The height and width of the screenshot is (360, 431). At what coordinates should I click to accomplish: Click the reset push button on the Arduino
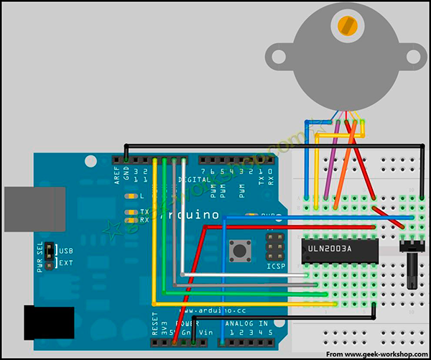[x=238, y=251]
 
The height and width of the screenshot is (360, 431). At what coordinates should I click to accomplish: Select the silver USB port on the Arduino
[x=34, y=209]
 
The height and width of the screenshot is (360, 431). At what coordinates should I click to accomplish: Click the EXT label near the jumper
[x=65, y=264]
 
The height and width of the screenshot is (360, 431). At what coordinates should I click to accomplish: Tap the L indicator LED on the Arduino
[x=131, y=196]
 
